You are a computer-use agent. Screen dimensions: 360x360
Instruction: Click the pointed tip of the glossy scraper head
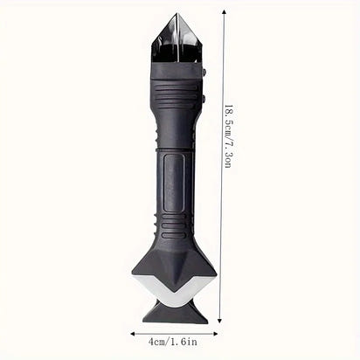[177, 14]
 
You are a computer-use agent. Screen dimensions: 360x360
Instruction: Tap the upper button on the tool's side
[204, 72]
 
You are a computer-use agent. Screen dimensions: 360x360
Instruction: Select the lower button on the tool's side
[204, 98]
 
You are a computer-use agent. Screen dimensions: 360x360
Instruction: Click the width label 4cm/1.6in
[173, 342]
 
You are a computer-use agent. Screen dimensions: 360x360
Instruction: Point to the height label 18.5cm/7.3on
[228, 136]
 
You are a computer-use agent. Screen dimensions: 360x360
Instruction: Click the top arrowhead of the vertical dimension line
[224, 11]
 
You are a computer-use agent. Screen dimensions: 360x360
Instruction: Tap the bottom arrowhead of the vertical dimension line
[220, 321]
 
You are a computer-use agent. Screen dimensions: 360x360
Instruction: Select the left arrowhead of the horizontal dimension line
[133, 334]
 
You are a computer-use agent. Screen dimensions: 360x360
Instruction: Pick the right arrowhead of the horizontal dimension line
[216, 334]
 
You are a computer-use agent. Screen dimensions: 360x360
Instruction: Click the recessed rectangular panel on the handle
[174, 183]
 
